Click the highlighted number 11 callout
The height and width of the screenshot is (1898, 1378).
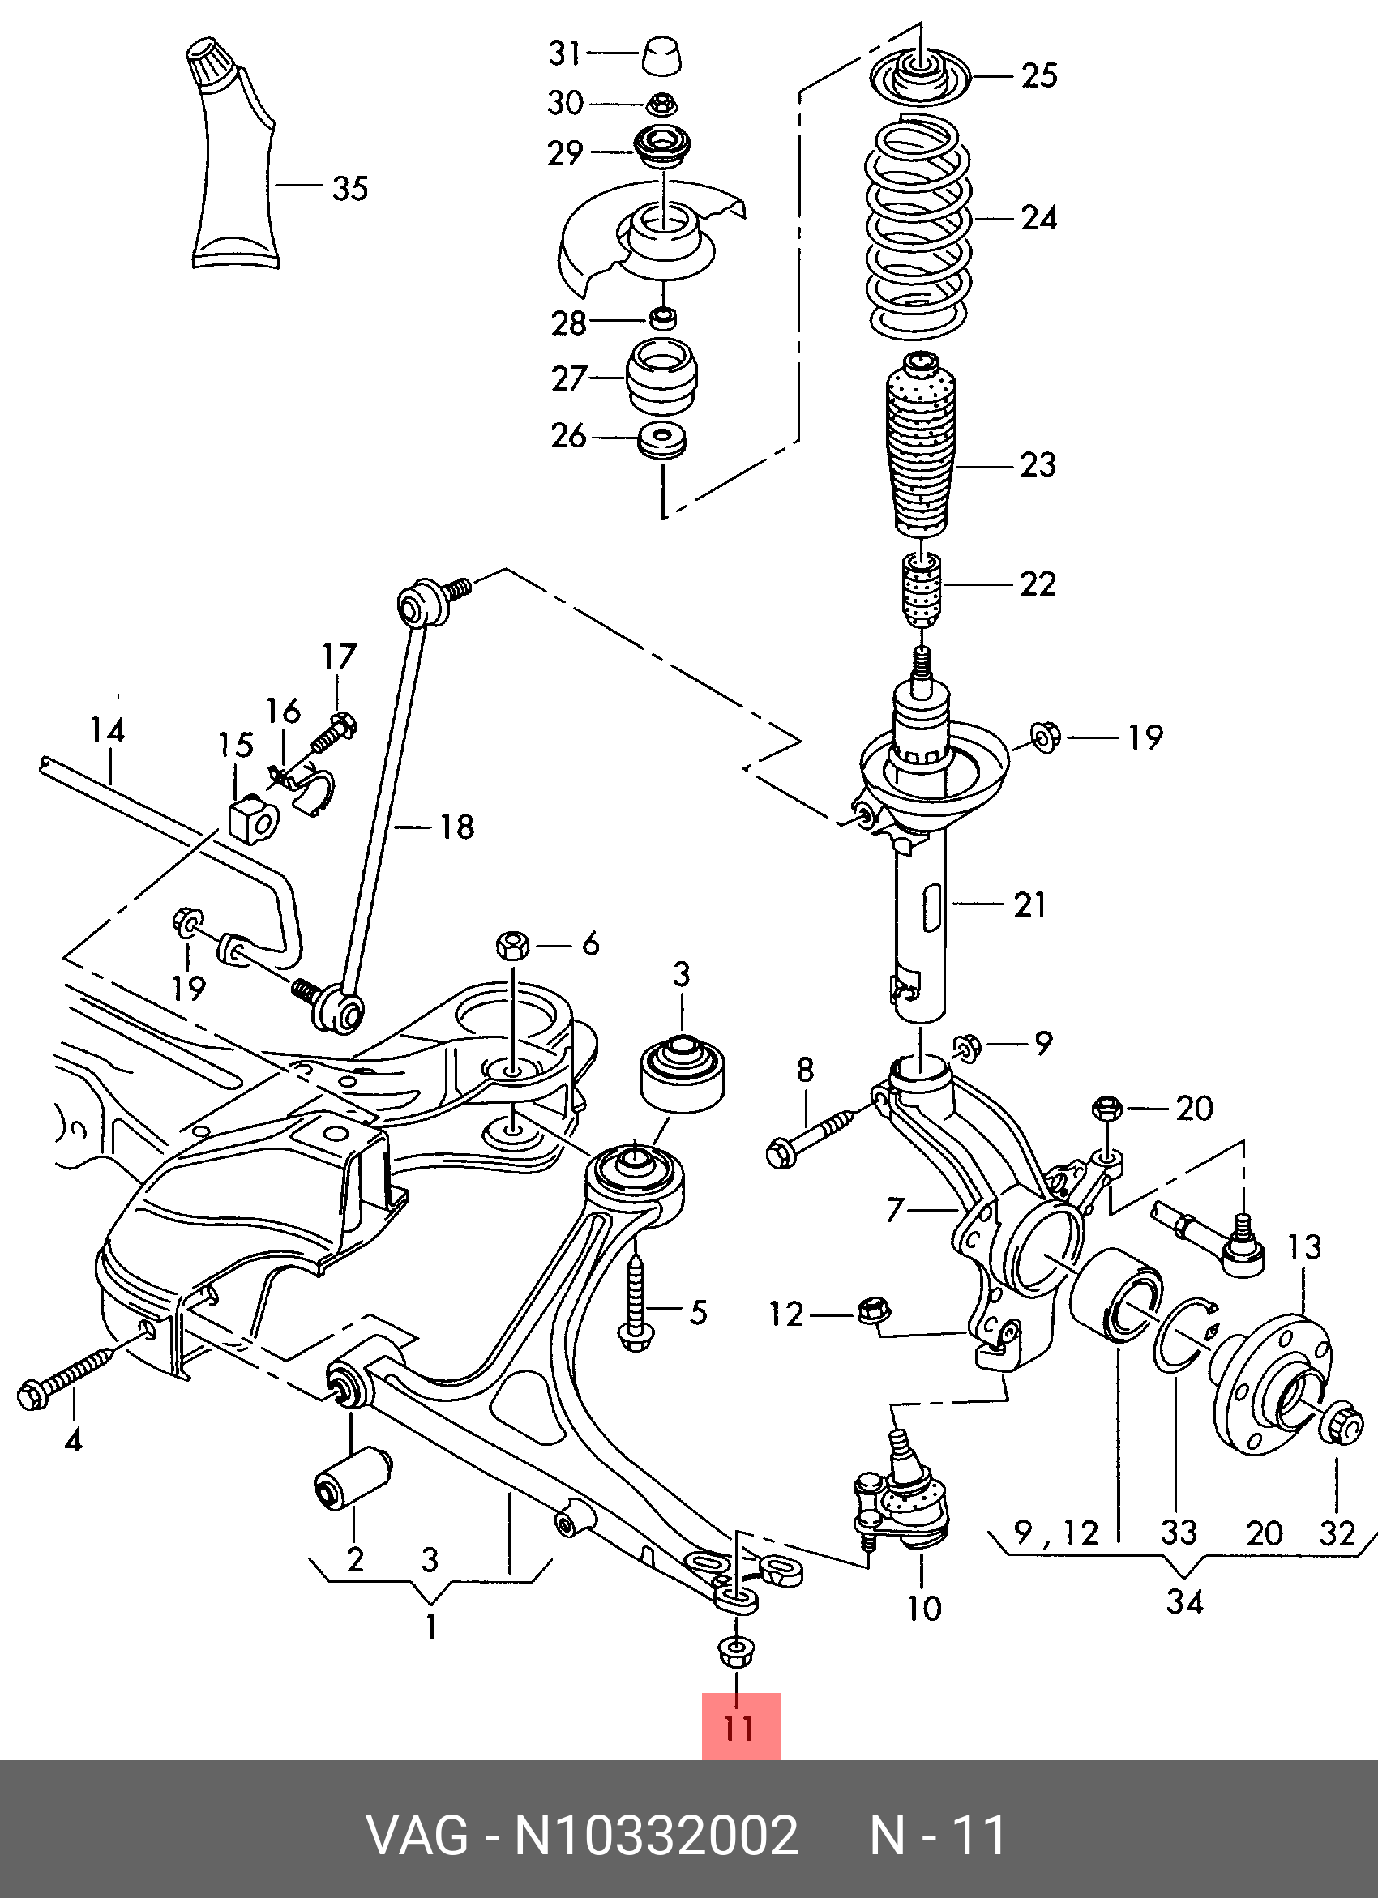click(x=740, y=1726)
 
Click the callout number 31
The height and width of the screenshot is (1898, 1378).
click(x=565, y=53)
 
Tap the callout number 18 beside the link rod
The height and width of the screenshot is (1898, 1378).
click(x=457, y=827)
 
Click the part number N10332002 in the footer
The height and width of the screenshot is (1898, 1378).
click(x=657, y=1836)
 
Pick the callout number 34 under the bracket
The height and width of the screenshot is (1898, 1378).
click(x=1184, y=1601)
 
